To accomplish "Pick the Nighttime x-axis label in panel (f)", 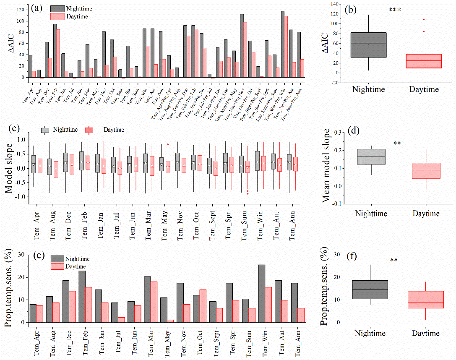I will click(x=370, y=334).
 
